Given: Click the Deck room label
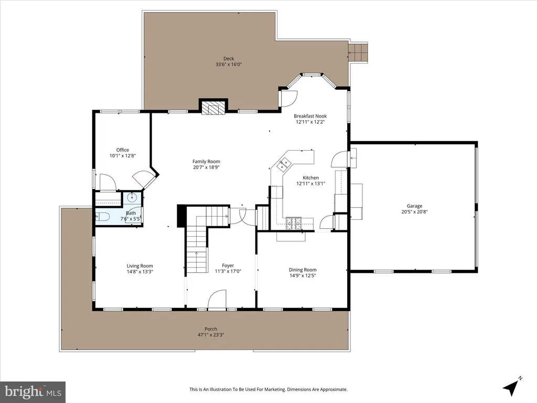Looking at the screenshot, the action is point(229,59).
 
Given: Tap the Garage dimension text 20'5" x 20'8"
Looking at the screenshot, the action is point(414,211).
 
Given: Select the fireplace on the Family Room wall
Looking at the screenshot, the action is point(214,107).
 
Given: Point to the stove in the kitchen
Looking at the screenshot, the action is point(294,223).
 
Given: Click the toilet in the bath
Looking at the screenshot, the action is point(102,217).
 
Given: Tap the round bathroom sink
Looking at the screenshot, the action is point(132,197).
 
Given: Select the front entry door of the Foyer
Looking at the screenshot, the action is point(218,300).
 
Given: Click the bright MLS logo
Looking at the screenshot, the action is point(33,391).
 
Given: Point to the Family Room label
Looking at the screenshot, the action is point(206,162).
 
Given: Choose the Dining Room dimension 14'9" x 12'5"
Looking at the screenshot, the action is point(303,275).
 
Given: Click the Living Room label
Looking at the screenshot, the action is point(139,266).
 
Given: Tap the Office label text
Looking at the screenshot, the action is point(123,150).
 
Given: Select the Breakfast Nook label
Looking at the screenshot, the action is point(310,116).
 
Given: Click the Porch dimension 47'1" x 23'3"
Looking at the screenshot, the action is point(211,335).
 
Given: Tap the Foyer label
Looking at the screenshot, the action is point(228,265).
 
